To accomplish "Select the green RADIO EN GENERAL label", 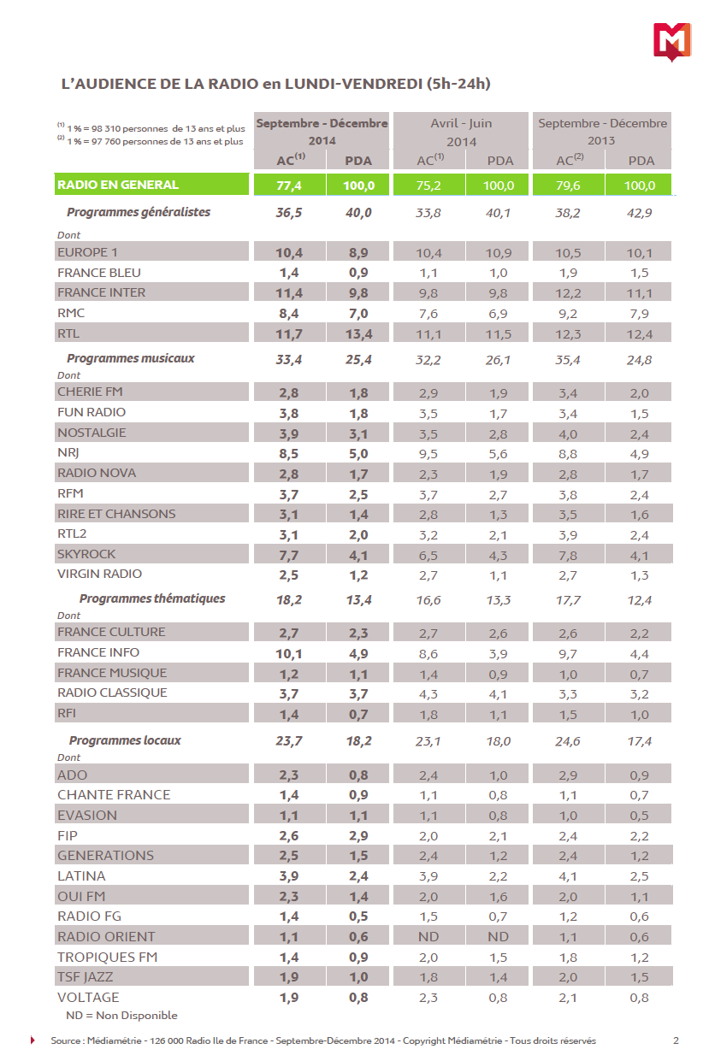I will coord(118,185).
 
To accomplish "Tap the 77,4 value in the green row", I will coord(289,186).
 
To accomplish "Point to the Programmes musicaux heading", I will coord(131,358).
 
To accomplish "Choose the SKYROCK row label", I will coord(86,554).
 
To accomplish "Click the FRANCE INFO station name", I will coord(98,652).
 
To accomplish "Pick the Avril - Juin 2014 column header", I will coord(461,132).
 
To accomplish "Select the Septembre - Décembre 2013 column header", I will coord(602,132).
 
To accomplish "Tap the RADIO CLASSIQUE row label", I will coord(112,693).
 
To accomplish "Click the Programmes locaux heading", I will coord(125,740).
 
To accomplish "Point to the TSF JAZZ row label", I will coord(86,977).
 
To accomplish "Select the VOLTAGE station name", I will coord(88,998).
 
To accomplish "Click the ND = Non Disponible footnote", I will coord(121,1016).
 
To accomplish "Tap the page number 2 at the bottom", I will coord(676,1040).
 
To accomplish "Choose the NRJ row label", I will coord(68,452).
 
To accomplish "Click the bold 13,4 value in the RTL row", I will coord(357,333).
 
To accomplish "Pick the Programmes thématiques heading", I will coord(152,598).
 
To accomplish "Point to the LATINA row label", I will coord(81,875).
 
